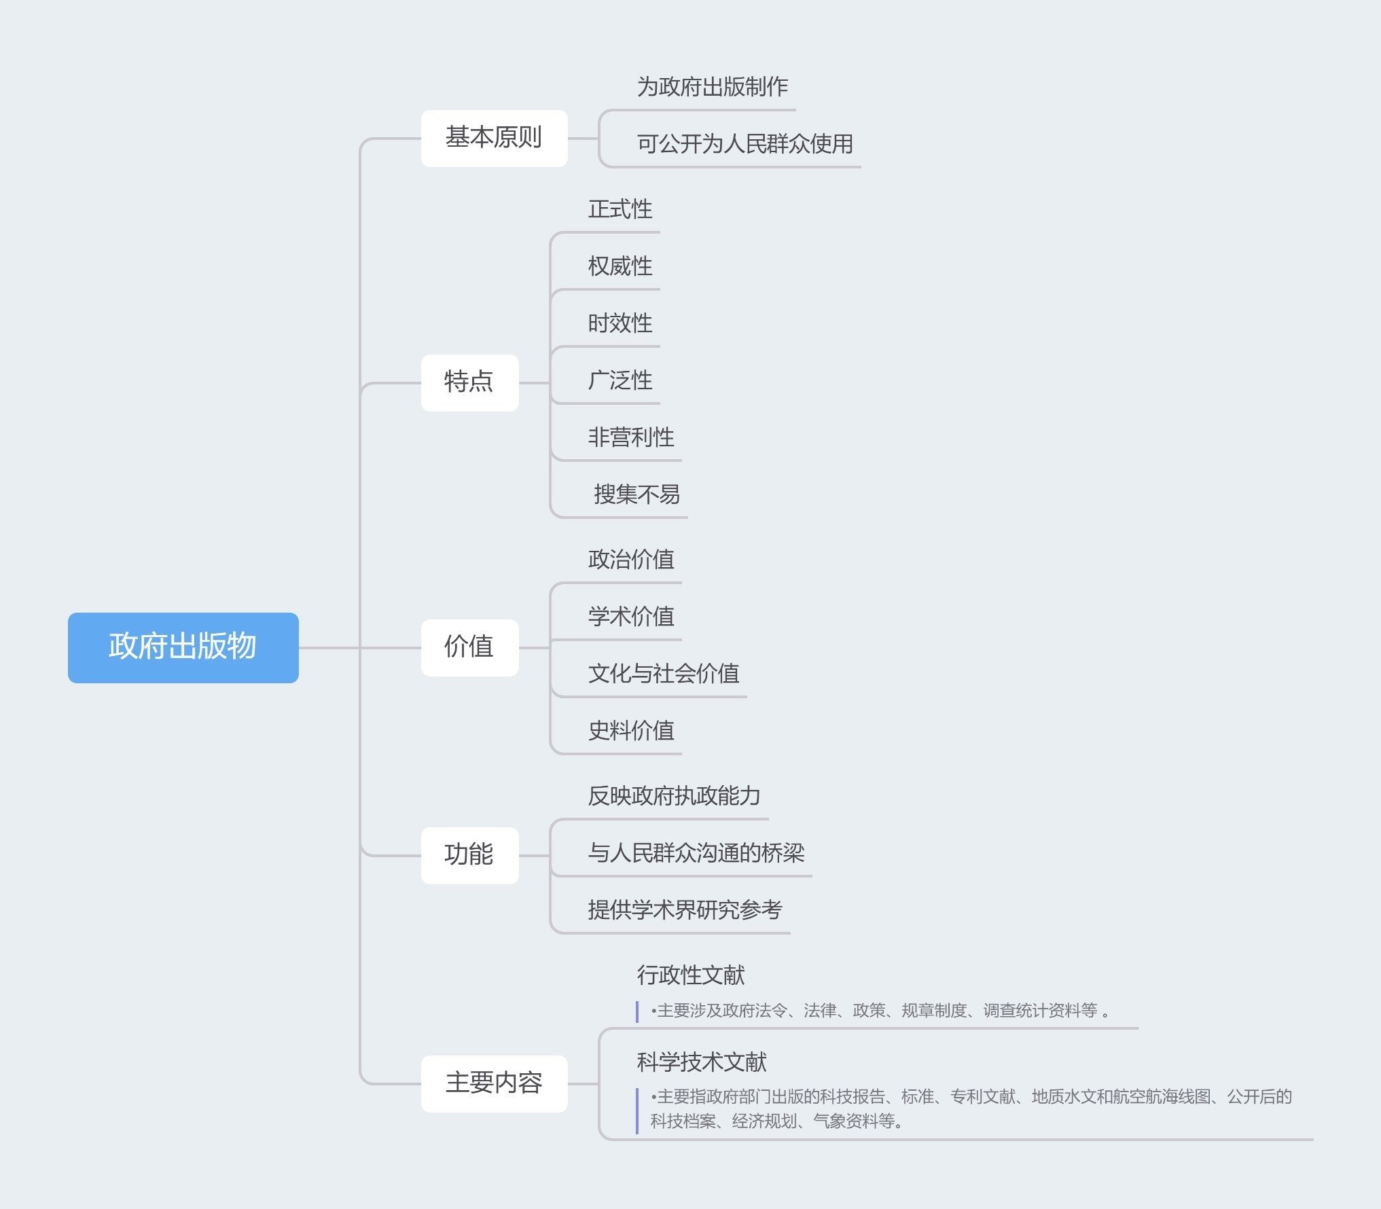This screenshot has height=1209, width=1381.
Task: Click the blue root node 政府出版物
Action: (183, 647)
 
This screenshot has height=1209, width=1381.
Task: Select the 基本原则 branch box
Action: (494, 138)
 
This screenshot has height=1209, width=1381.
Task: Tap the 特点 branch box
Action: (469, 382)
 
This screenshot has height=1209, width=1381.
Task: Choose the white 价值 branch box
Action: (469, 647)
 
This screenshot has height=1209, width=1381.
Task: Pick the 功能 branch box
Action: (469, 855)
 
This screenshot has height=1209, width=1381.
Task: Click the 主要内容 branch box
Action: (494, 1083)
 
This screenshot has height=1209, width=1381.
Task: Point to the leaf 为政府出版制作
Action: (712, 87)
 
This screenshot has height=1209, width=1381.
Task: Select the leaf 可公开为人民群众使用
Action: (745, 144)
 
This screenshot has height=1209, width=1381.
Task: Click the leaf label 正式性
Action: (620, 209)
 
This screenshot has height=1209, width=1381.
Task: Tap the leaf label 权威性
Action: (620, 266)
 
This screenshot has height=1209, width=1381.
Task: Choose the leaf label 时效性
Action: (620, 323)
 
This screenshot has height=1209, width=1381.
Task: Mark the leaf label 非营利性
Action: (630, 437)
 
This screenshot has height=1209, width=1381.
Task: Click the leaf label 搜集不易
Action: (636, 494)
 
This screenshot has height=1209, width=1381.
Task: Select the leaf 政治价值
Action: (630, 560)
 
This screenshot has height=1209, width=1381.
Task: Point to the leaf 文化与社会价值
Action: (663, 674)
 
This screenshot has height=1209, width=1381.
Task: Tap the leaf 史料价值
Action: (630, 731)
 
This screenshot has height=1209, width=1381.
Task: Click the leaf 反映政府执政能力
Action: (674, 796)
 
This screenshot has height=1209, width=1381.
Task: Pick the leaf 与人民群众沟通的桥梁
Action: (696, 853)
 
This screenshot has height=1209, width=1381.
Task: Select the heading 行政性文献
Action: (690, 975)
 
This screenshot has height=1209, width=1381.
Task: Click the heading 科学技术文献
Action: (701, 1062)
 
